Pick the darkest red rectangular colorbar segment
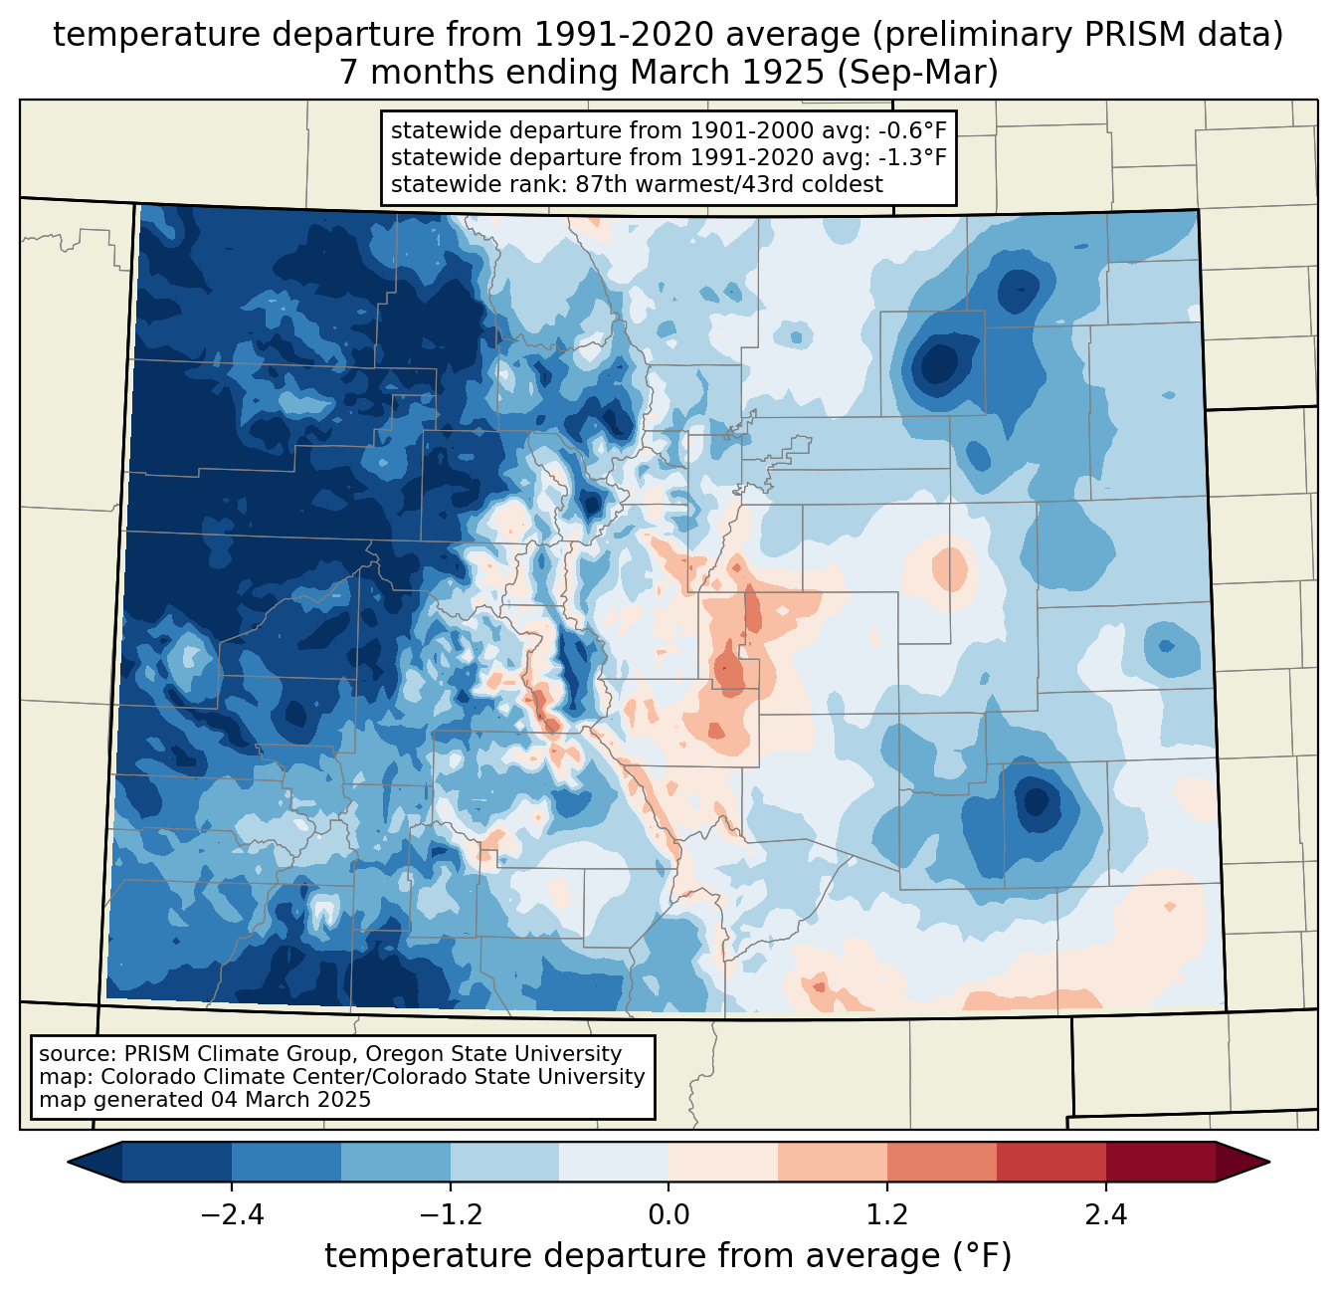pyautogui.click(x=1160, y=1162)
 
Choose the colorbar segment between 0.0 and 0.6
pyautogui.click(x=723, y=1162)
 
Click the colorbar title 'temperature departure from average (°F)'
pyautogui.click(x=668, y=1256)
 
